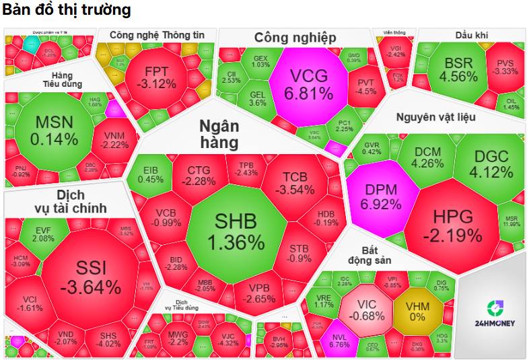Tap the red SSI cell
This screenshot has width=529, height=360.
(90, 277)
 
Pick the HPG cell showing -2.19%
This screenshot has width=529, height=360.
(452, 225)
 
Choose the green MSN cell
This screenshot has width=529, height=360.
(56, 131)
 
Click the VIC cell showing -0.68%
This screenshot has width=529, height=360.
(367, 309)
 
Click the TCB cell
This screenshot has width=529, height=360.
(294, 182)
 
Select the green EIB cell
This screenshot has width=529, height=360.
(150, 174)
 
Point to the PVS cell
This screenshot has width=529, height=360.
(505, 67)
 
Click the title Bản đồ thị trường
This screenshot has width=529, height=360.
(66, 11)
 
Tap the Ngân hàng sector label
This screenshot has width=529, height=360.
(219, 133)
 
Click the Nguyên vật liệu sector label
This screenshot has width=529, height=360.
(435, 117)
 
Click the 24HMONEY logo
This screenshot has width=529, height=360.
(491, 314)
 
